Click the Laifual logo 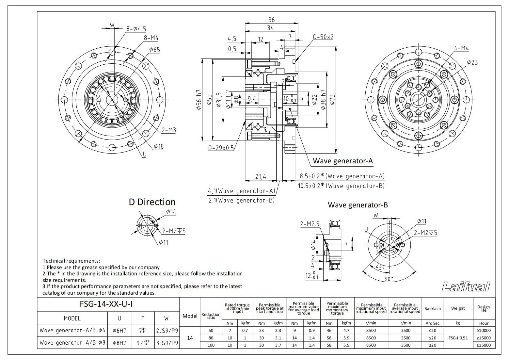(x=466, y=286)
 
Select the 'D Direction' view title (x=152, y=202)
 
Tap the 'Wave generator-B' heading (x=358, y=205)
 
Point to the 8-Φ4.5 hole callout (x=136, y=29)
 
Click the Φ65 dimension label (x=154, y=50)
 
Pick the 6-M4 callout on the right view (x=461, y=48)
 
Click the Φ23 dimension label (x=472, y=62)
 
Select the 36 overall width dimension (x=271, y=20)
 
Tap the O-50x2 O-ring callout (x=323, y=37)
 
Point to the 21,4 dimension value (x=260, y=177)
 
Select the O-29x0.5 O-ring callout (x=221, y=148)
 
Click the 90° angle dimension (x=389, y=279)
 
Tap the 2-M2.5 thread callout (x=310, y=224)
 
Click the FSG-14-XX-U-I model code (x=106, y=304)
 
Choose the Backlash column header (x=432, y=308)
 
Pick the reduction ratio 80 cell (x=211, y=338)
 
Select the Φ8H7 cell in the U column (x=119, y=343)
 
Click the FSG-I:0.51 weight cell (x=458, y=338)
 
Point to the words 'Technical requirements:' (x=72, y=261)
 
